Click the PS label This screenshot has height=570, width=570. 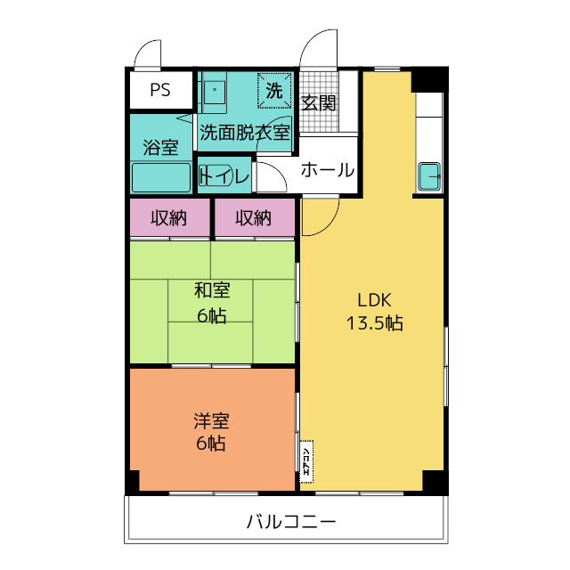159,90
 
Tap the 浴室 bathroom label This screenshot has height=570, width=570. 160,147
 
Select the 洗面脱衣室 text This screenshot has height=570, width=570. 244,133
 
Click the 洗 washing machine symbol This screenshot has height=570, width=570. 274,90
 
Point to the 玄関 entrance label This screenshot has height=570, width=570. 318,102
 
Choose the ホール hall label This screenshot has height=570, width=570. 327,170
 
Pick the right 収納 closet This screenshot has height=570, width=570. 253,217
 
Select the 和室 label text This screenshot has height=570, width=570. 212,290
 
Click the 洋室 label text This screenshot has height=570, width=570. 212,419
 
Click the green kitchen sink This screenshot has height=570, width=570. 430,176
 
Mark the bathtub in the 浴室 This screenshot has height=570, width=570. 161,177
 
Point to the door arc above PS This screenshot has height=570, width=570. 147,55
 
